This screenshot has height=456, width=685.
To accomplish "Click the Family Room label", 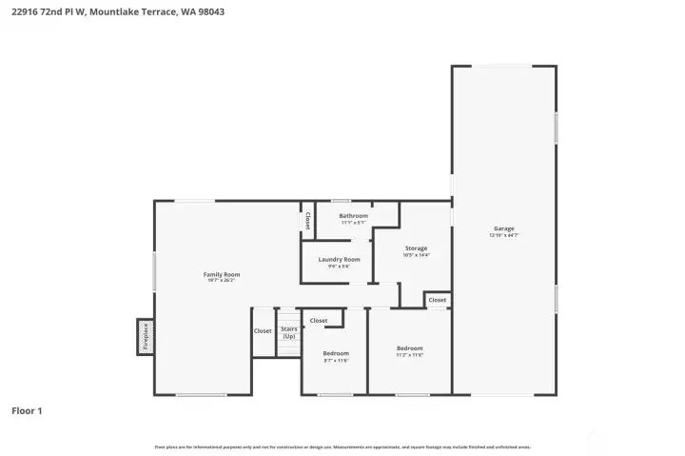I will coord(222,274).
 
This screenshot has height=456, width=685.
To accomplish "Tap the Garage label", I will coord(503,228).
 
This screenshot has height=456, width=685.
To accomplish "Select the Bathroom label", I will coord(353,216).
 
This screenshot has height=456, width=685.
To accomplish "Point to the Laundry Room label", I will coord(339,259).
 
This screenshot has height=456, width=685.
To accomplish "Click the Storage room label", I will coord(416,248).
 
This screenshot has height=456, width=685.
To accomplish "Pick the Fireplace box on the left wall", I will coord(146,337).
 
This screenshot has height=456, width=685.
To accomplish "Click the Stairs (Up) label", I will coord(288,332).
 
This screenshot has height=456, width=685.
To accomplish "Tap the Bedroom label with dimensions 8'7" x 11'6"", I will coord(336,353).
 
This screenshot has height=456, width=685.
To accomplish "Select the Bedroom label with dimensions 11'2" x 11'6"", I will coord(409,348).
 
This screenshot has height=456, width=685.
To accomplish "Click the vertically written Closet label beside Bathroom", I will coord(307,221).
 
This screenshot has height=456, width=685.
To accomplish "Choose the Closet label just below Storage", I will coord(437,300).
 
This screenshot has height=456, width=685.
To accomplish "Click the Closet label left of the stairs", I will coord(263,331).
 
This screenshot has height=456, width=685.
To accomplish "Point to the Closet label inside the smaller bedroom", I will coord(319,321).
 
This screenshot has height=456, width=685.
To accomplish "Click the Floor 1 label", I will coord(27,411).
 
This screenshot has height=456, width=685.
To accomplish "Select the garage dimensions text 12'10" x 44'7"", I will coord(503,235).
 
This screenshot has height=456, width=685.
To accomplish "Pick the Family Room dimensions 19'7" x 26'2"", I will coord(222,281).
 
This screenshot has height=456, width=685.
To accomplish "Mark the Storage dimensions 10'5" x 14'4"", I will coord(416,255).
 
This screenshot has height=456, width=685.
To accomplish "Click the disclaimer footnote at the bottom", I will coord(342,446).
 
